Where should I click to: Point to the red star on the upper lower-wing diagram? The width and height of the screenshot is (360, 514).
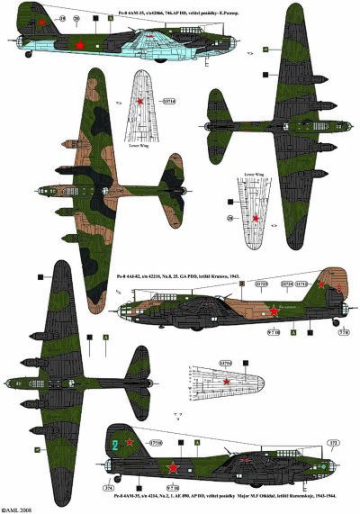click(x=139, y=104)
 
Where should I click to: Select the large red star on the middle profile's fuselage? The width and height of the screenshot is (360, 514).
click(x=274, y=311)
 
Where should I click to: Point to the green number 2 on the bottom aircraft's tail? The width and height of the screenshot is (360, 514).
click(x=114, y=443)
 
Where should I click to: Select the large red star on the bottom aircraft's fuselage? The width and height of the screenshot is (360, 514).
click(x=170, y=467)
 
